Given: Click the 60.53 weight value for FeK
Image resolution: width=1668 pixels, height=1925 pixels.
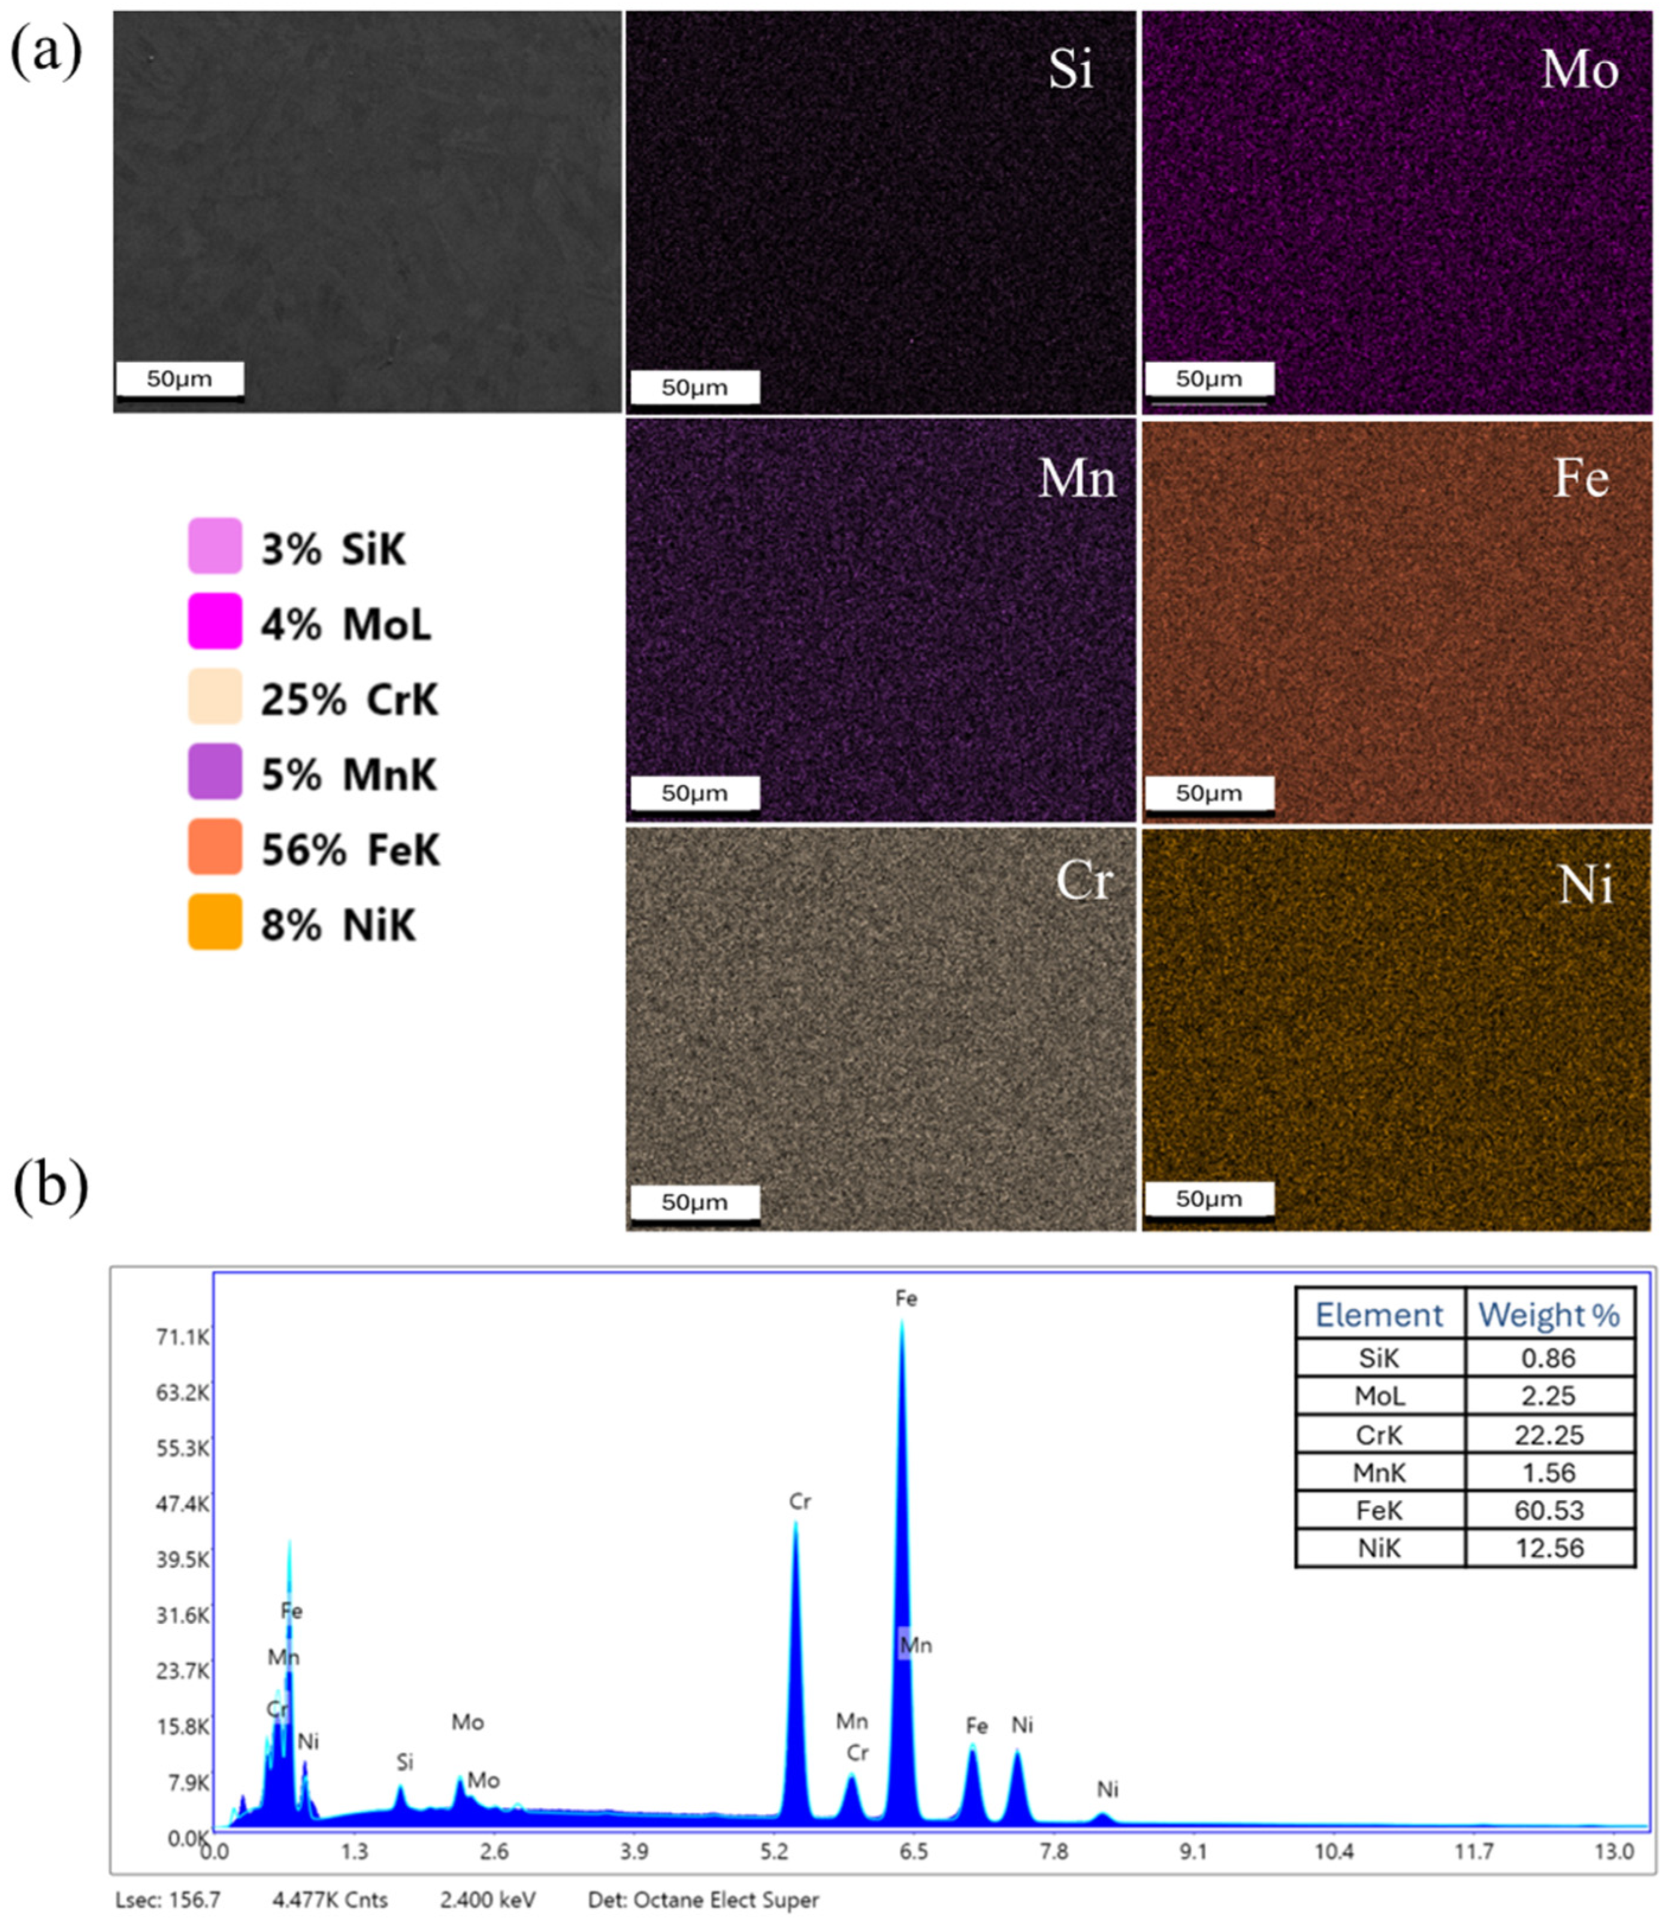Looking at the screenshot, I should click(x=1549, y=1510).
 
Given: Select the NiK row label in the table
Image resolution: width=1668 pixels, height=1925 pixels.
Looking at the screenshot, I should click(x=1379, y=1548).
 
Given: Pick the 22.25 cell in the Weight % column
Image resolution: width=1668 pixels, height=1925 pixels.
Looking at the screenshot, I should click(x=1549, y=1434).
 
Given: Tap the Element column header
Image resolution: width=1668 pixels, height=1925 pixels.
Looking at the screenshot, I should click(x=1379, y=1315).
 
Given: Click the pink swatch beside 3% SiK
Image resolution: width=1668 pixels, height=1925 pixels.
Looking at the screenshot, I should click(x=215, y=546).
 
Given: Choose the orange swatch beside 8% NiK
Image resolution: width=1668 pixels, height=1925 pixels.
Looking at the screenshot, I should click(x=215, y=922).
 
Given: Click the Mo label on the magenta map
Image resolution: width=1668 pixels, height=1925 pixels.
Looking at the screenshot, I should click(x=1579, y=70).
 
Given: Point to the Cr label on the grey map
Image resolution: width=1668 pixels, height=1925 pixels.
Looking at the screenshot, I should click(x=1083, y=879).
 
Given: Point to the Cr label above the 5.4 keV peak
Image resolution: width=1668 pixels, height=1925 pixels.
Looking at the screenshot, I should click(x=800, y=1502).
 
